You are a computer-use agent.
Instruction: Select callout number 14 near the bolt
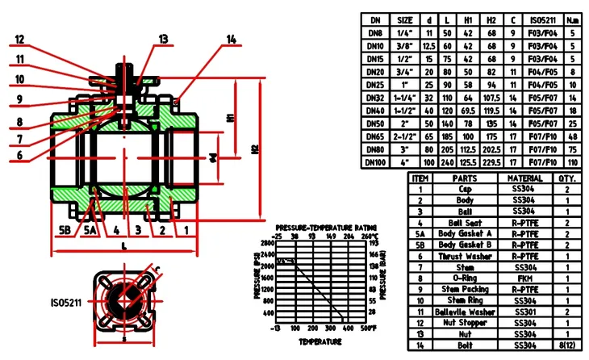tap(232, 39)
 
